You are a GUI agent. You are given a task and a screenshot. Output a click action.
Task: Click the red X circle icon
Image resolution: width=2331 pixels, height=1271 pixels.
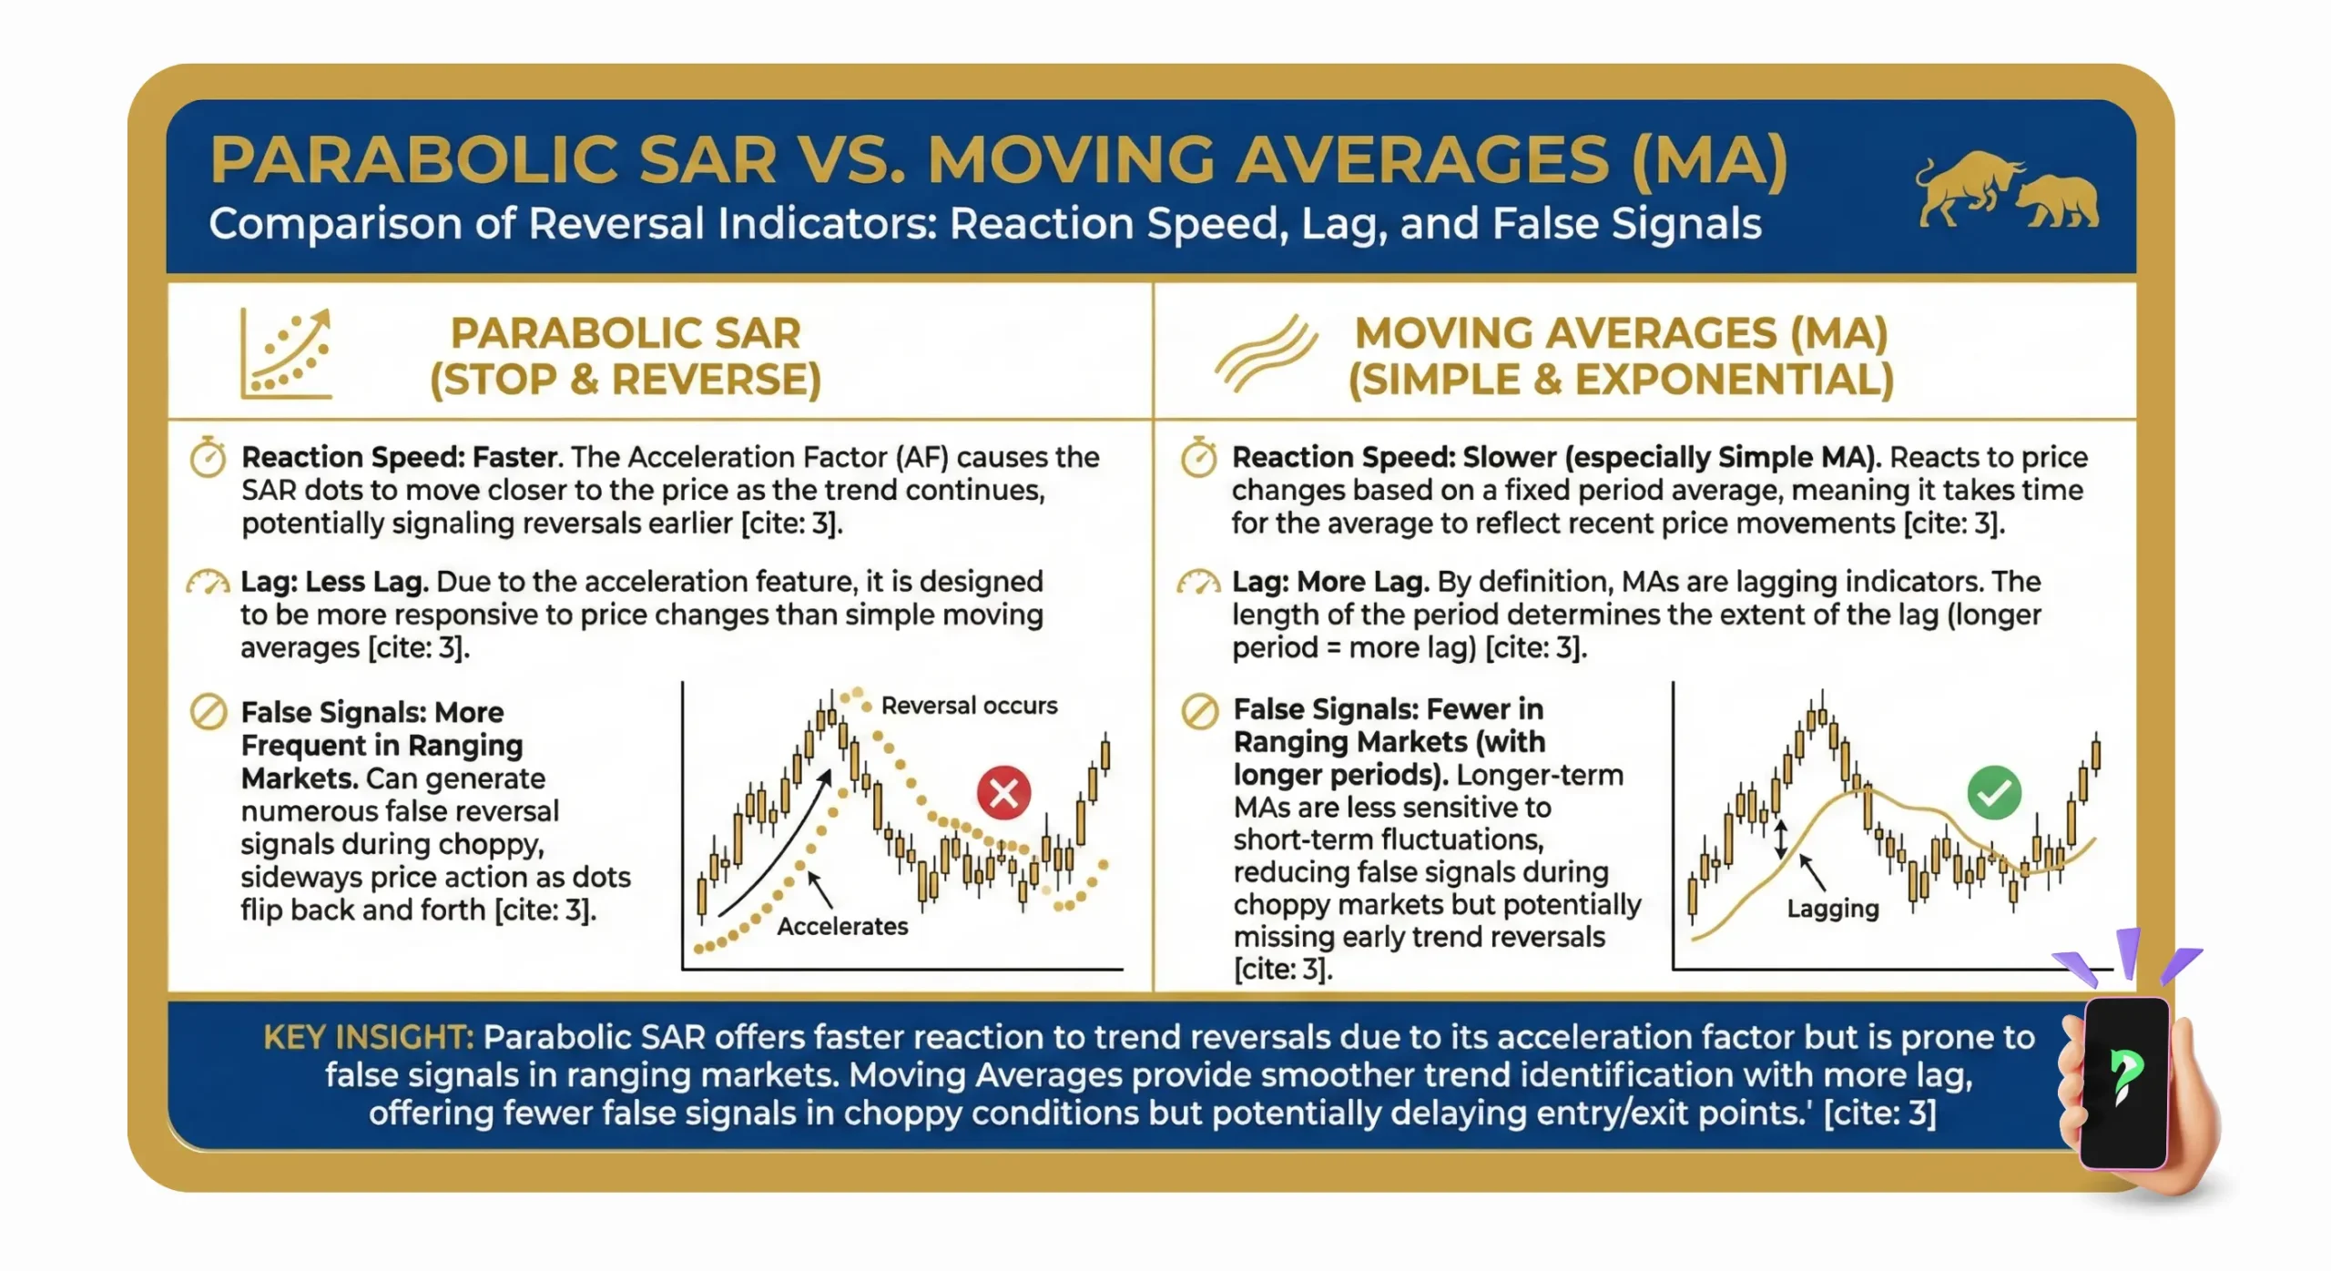[1003, 792]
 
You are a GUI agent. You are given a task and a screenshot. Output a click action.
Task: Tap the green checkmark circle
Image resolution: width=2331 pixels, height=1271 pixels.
[1993, 792]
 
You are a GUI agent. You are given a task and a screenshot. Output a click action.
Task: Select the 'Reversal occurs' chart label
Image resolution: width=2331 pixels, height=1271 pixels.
[969, 706]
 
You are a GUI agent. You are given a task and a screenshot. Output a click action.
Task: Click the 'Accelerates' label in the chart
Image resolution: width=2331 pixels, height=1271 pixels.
[842, 926]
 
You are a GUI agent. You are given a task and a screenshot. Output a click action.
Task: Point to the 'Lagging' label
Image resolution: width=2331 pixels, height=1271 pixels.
[1832, 909]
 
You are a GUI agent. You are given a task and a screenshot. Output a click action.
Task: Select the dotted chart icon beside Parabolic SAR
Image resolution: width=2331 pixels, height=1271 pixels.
[286, 355]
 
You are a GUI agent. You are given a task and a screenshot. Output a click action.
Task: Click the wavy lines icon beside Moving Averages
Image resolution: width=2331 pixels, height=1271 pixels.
[1266, 355]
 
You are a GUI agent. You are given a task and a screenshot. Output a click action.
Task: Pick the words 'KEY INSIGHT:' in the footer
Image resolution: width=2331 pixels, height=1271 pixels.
[368, 1037]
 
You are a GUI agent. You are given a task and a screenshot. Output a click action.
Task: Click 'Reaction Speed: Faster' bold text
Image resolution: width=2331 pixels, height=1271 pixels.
[399, 457]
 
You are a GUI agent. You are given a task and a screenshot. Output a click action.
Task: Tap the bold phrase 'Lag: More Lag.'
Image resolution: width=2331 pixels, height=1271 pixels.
[1329, 582]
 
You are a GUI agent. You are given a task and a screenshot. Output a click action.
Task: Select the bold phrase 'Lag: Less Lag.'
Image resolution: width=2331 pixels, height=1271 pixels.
[334, 582]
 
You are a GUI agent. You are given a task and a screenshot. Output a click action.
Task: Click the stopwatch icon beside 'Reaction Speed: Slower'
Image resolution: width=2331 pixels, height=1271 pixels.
[1198, 457]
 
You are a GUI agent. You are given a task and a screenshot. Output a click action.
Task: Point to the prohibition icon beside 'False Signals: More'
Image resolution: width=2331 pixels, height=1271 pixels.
[209, 712]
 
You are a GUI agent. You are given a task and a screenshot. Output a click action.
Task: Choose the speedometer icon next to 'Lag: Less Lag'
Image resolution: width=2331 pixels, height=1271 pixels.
[208, 583]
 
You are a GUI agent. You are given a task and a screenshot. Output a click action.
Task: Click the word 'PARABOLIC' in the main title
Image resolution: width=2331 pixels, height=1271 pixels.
[494, 160]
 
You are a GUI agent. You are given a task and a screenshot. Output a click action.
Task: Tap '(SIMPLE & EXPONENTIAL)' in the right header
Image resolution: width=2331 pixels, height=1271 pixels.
[1621, 380]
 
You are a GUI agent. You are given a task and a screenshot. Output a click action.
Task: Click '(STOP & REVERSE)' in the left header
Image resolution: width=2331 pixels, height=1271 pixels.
[626, 380]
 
